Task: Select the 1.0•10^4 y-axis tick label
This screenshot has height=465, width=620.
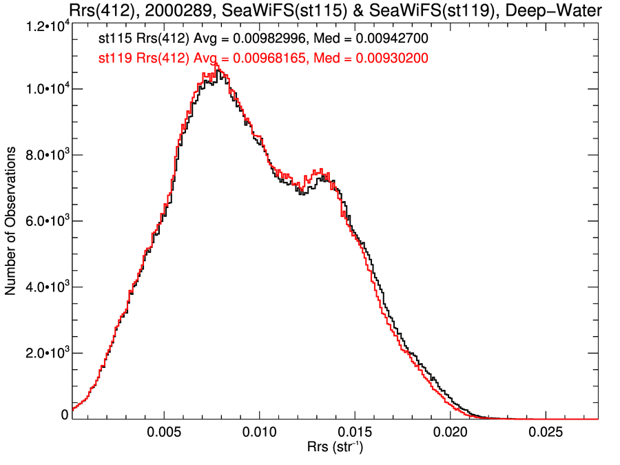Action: (x=42, y=90)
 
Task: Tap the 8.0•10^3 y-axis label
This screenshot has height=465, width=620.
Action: (x=42, y=156)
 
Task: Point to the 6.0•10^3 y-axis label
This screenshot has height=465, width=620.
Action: (x=42, y=221)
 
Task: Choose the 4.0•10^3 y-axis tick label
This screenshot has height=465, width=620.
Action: (x=42, y=287)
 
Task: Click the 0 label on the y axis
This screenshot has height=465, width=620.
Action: (x=65, y=415)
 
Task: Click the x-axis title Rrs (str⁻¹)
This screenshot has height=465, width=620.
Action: (x=335, y=448)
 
